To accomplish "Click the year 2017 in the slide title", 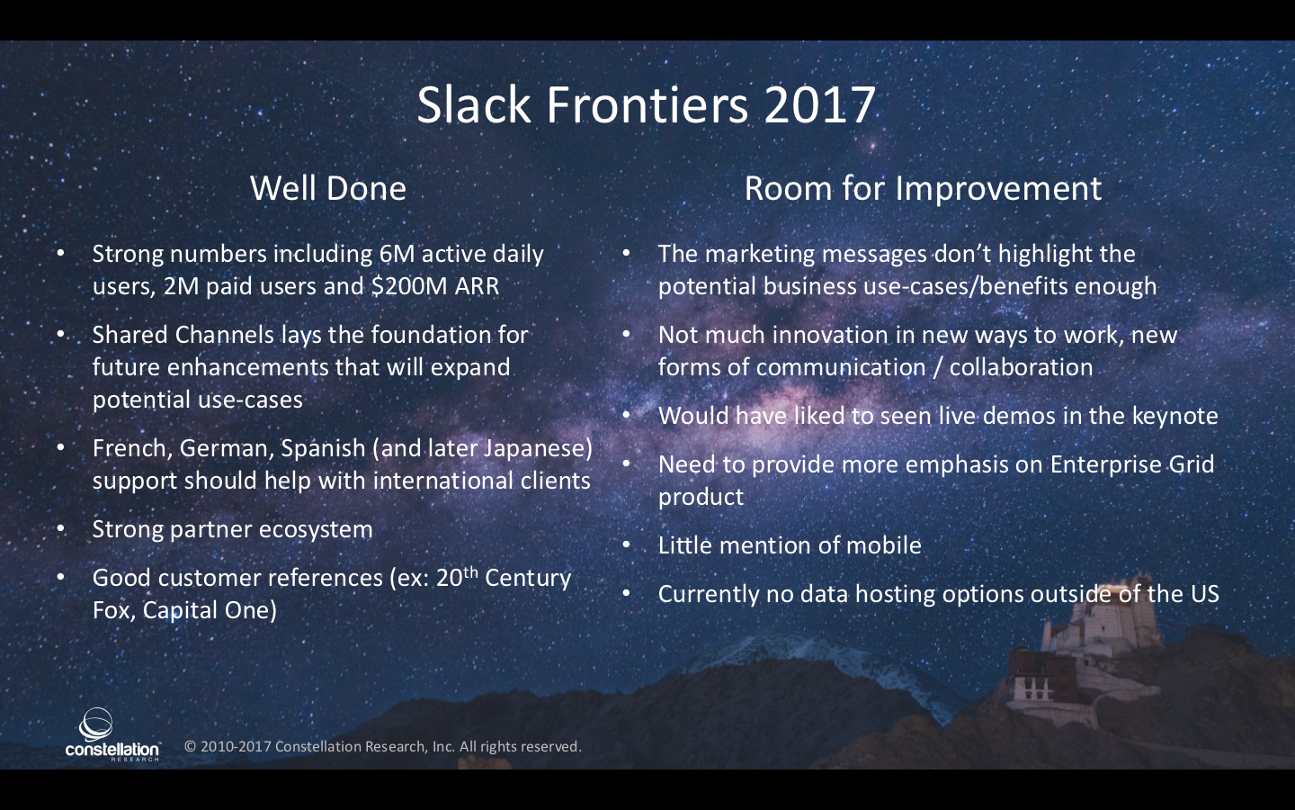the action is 819,104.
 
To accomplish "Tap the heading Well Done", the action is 327,188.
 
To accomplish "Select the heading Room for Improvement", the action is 923,188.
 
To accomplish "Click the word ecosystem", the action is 316,529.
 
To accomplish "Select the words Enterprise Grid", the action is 1132,464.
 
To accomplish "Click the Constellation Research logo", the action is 112,734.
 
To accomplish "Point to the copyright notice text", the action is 383,746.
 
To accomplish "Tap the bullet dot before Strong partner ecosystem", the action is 61,529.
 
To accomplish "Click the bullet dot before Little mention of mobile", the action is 626,545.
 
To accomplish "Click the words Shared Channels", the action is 183,335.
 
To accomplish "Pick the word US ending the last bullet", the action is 1205,594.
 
